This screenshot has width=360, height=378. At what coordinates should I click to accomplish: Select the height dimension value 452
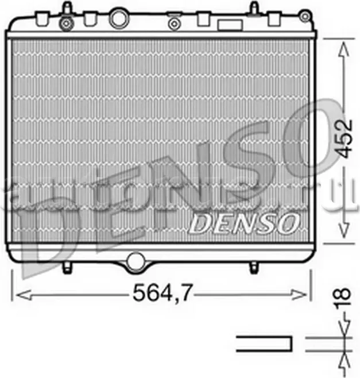coord(343,138)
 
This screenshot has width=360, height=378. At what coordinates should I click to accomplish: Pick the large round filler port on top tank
coord(119,18)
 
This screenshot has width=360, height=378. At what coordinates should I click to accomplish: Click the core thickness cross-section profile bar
coord(265,343)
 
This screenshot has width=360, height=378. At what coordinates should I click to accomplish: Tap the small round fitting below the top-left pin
coord(67,24)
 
